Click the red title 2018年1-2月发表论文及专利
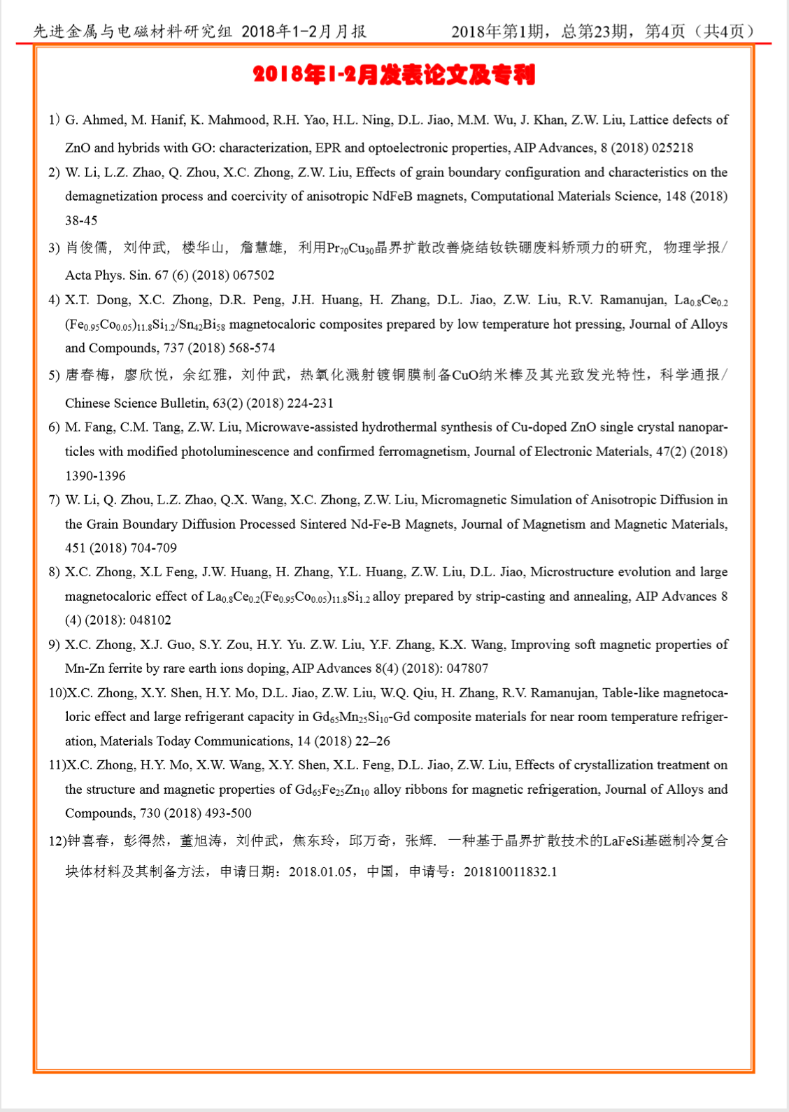click(394, 75)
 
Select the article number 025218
click(672, 148)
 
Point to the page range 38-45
click(81, 220)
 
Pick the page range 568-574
click(253, 348)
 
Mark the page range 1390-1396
click(95, 476)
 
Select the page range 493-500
click(228, 813)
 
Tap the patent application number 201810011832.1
click(511, 871)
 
